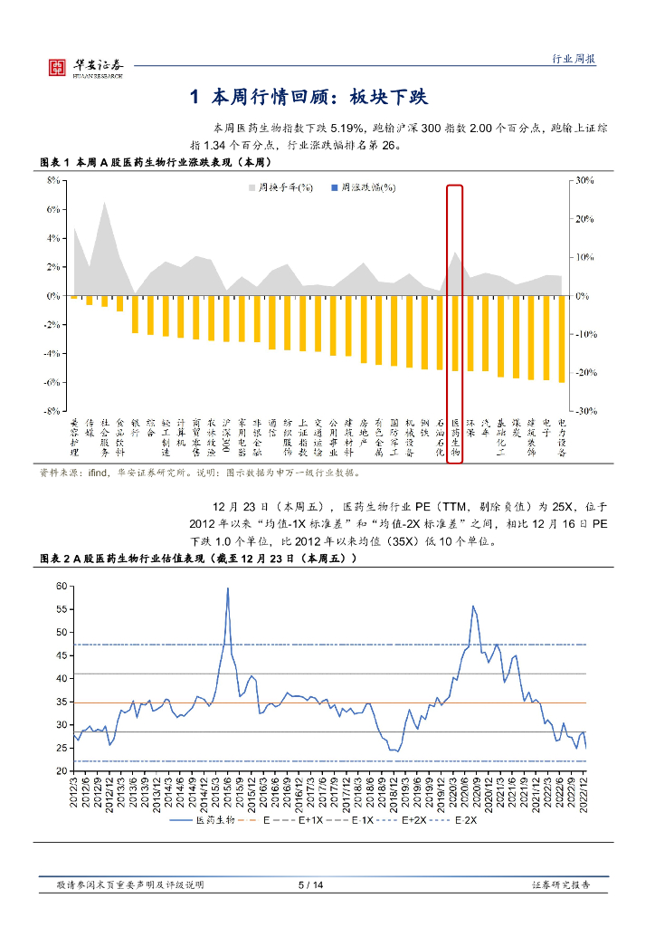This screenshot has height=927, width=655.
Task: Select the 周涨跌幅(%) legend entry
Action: click(363, 187)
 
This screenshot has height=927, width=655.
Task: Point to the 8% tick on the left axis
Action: click(53, 181)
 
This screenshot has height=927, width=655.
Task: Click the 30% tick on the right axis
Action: click(581, 181)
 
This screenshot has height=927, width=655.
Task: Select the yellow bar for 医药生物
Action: click(455, 333)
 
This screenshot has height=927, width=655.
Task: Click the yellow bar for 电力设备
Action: click(562, 339)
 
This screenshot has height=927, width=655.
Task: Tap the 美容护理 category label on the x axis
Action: click(74, 436)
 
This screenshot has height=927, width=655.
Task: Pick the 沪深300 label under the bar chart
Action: click(226, 429)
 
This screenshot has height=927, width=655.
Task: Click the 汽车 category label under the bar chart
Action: click(486, 426)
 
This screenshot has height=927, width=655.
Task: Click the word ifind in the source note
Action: click(97, 472)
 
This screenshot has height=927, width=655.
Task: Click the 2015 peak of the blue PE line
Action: click(227, 589)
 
